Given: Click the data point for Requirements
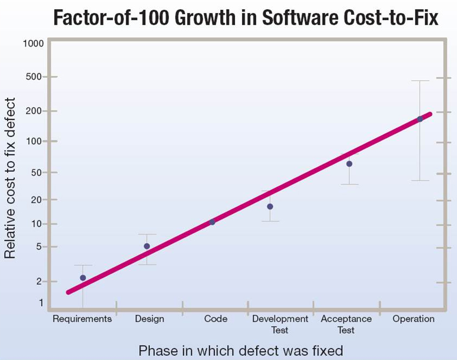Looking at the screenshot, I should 83,278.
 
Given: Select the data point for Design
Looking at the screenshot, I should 147,246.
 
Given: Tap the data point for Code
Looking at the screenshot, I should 212,222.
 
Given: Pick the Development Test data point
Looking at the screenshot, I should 270,206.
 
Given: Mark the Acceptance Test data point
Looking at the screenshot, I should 349,163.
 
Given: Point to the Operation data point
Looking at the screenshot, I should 420,119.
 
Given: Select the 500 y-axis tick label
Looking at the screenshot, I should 35,77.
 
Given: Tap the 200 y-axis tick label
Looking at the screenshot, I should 35,110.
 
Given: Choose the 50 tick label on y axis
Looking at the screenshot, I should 37,173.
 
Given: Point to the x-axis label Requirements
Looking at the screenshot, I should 82,319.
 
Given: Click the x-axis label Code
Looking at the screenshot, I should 216,319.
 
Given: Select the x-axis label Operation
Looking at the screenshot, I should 414,319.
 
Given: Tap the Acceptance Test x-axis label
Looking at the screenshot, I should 347,324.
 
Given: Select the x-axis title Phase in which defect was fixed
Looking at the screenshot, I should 240,350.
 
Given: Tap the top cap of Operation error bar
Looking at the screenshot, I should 420,81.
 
